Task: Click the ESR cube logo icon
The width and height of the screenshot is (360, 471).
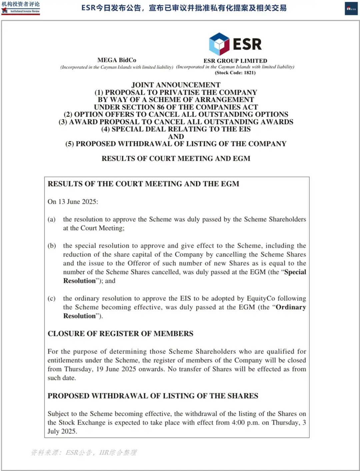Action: [219, 44]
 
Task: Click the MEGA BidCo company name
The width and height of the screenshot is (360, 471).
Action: [117, 60]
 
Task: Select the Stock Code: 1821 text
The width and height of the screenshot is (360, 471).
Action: [235, 73]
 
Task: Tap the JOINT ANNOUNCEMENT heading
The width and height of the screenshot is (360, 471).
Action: [176, 85]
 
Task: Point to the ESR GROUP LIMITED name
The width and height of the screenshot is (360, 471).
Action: [235, 61]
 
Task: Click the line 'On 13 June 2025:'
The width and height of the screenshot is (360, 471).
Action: [73, 202]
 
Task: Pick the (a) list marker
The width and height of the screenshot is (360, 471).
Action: [51, 219]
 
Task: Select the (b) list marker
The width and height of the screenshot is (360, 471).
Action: [51, 245]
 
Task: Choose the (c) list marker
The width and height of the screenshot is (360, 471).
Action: [51, 298]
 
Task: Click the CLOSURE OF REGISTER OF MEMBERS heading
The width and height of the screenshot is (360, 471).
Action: [120, 333]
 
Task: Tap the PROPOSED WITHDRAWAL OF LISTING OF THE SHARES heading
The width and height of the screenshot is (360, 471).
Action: [153, 396]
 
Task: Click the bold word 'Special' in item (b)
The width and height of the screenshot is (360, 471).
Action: [295, 272]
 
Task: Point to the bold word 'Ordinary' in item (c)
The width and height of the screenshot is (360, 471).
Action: [291, 307]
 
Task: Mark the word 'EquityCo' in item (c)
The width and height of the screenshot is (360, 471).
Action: [261, 298]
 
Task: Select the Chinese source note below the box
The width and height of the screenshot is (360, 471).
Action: [84, 452]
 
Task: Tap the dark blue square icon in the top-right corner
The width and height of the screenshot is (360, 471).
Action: [351, 9]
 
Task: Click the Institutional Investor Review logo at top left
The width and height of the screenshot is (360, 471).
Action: [20, 8]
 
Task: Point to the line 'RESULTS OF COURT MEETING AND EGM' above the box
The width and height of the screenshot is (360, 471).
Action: [176, 159]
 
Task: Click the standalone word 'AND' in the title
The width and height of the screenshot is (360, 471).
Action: [176, 137]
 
